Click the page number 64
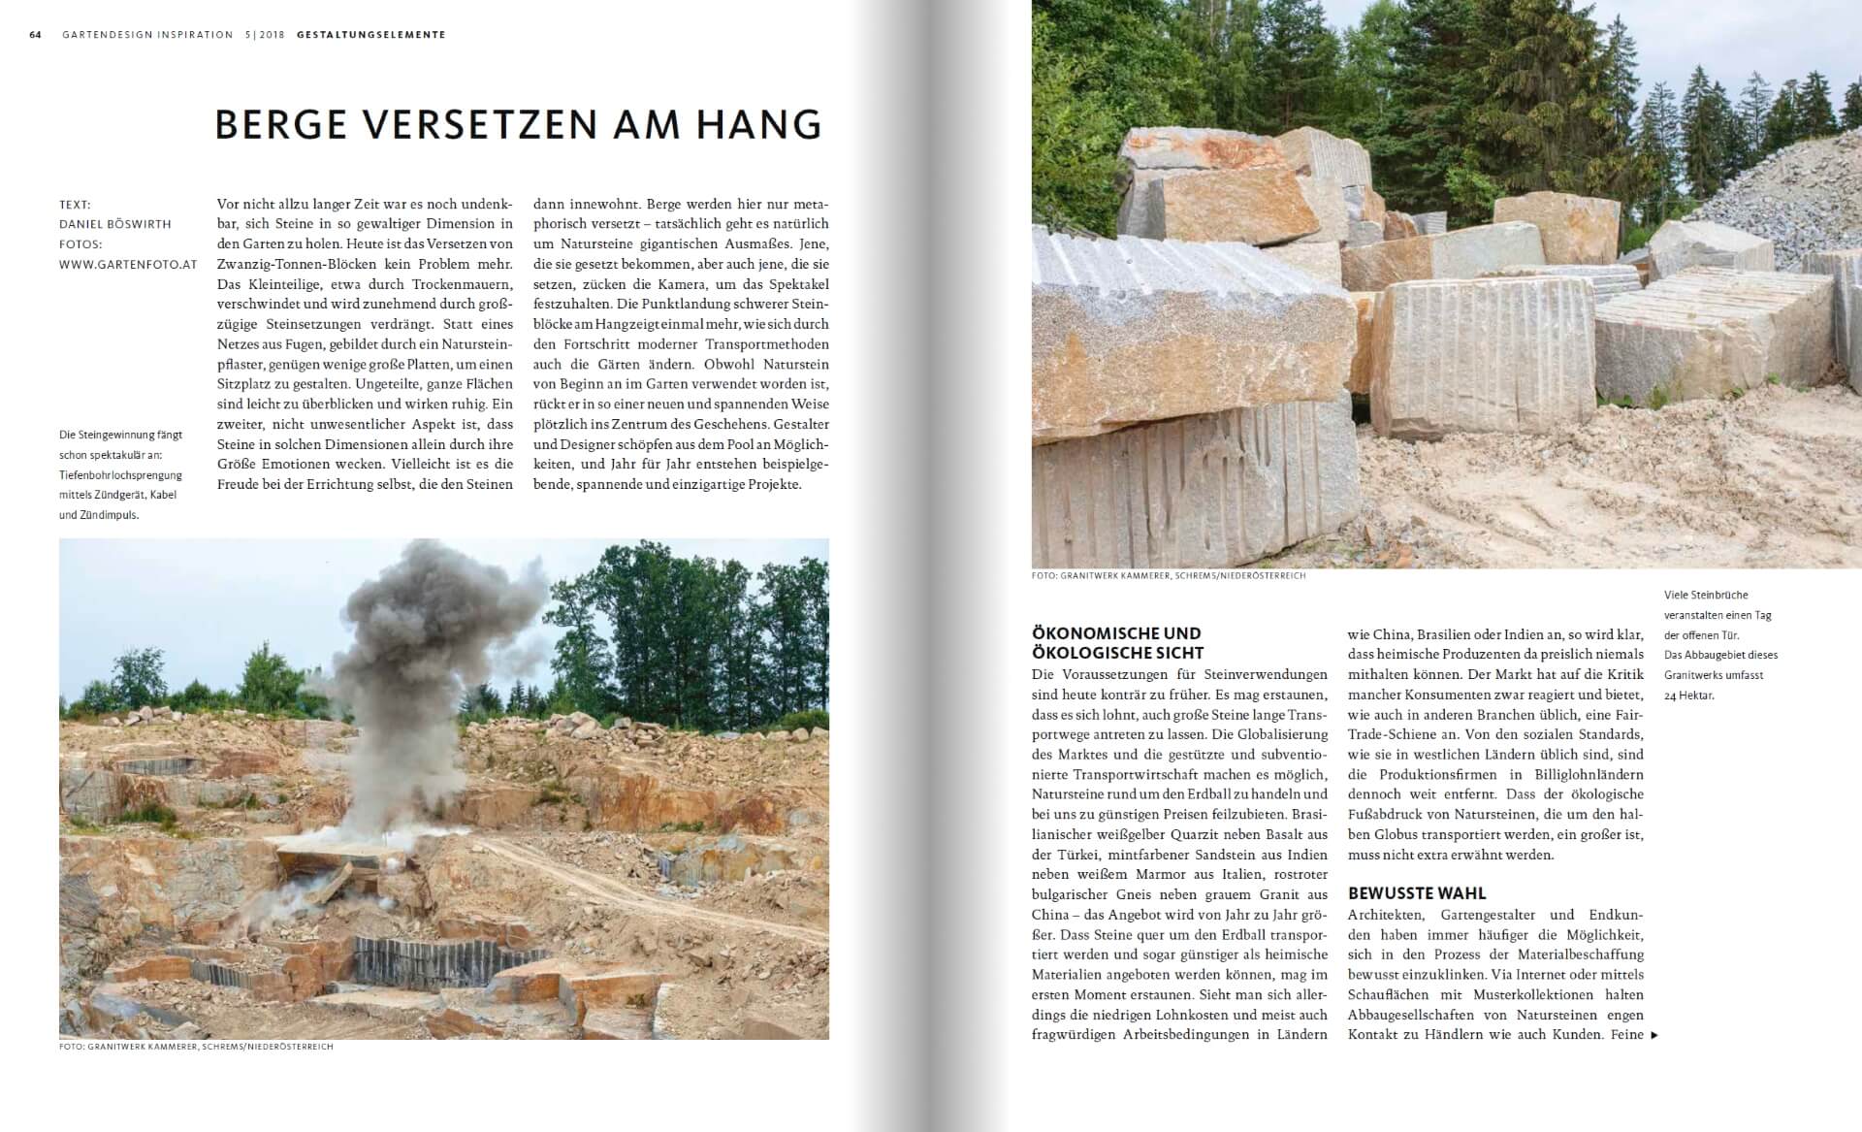pos(36,35)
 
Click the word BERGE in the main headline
pos(281,125)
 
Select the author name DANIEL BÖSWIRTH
pos(115,224)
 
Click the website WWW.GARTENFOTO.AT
pos(128,264)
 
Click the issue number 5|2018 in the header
pos(265,35)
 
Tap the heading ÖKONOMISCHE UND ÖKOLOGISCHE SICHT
pos(1117,643)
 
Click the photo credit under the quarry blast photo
pos(196,1048)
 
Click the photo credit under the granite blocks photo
pos(1169,576)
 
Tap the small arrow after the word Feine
pos(1654,1035)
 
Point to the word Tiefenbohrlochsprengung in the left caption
pos(120,475)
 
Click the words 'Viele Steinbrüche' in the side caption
pos(1706,595)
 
